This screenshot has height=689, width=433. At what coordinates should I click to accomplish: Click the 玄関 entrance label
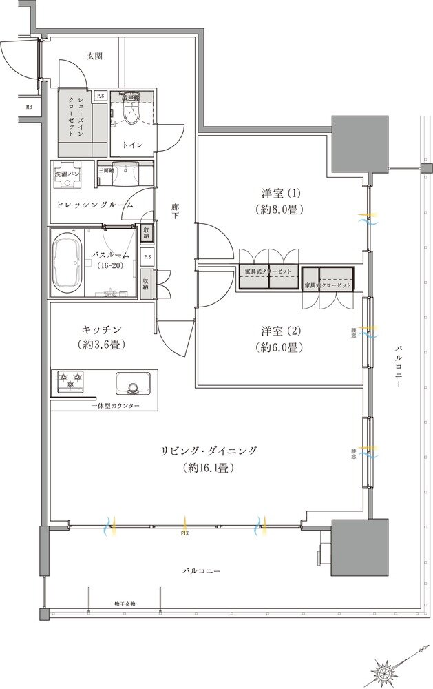click(94, 56)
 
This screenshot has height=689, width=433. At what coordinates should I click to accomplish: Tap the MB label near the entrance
click(29, 107)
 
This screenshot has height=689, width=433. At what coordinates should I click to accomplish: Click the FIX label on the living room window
click(185, 533)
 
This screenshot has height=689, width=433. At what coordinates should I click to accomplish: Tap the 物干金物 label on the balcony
click(125, 604)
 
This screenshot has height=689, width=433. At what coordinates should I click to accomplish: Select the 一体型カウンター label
click(115, 407)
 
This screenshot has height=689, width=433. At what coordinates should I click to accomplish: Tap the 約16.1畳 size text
click(211, 468)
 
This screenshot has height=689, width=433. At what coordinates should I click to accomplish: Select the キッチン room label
click(101, 329)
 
